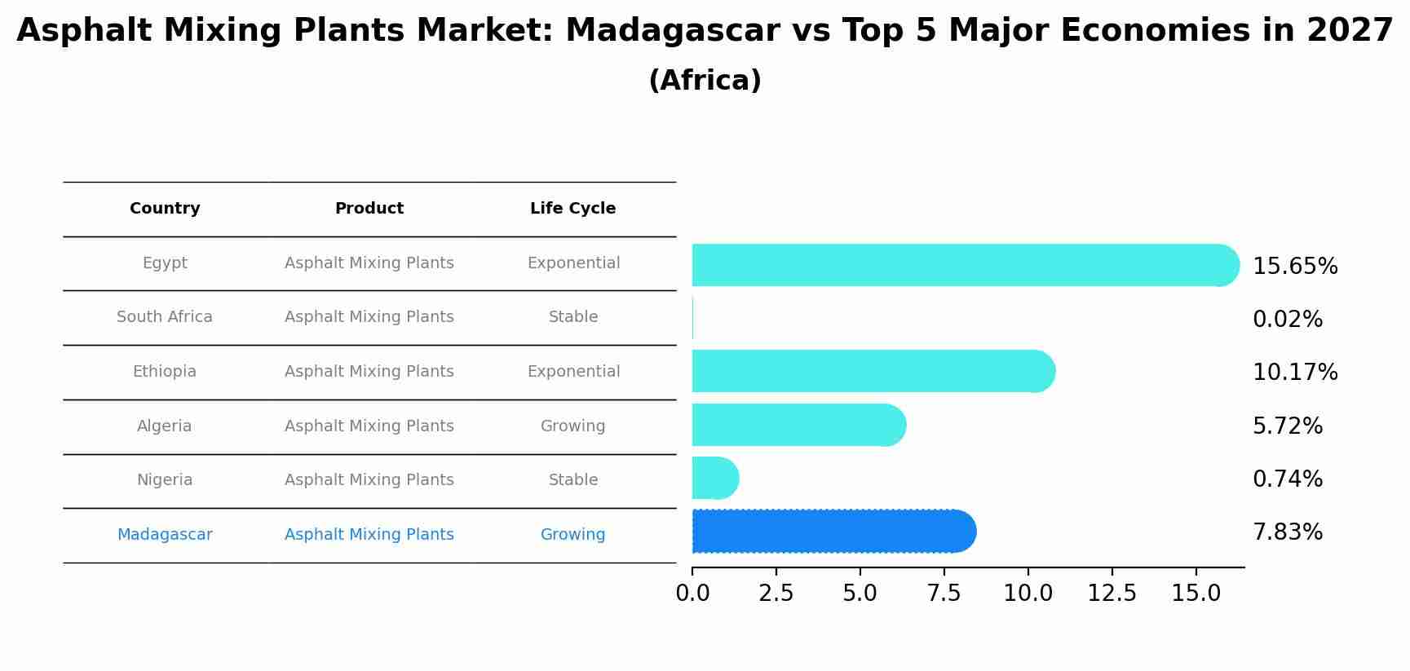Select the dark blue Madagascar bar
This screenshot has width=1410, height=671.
832,532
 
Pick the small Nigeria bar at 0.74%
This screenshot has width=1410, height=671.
714,479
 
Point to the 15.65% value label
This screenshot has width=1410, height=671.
1294,267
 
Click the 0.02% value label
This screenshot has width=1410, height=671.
1287,320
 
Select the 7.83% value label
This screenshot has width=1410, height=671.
1287,532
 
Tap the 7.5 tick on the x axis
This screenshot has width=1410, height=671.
944,594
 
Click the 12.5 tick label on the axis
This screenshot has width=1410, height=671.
1112,594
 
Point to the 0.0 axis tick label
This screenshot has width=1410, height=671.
692,594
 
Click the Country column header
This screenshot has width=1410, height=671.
165,209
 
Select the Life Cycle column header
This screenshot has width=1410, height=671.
572,209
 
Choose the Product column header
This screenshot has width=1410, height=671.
369,209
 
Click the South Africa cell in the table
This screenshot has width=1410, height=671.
165,317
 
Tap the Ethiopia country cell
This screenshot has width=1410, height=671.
165,372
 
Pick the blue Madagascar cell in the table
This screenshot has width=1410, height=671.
165,535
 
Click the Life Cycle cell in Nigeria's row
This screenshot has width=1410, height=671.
572,480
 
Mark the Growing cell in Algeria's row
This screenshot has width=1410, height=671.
572,426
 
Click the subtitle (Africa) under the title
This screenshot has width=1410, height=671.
705,81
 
